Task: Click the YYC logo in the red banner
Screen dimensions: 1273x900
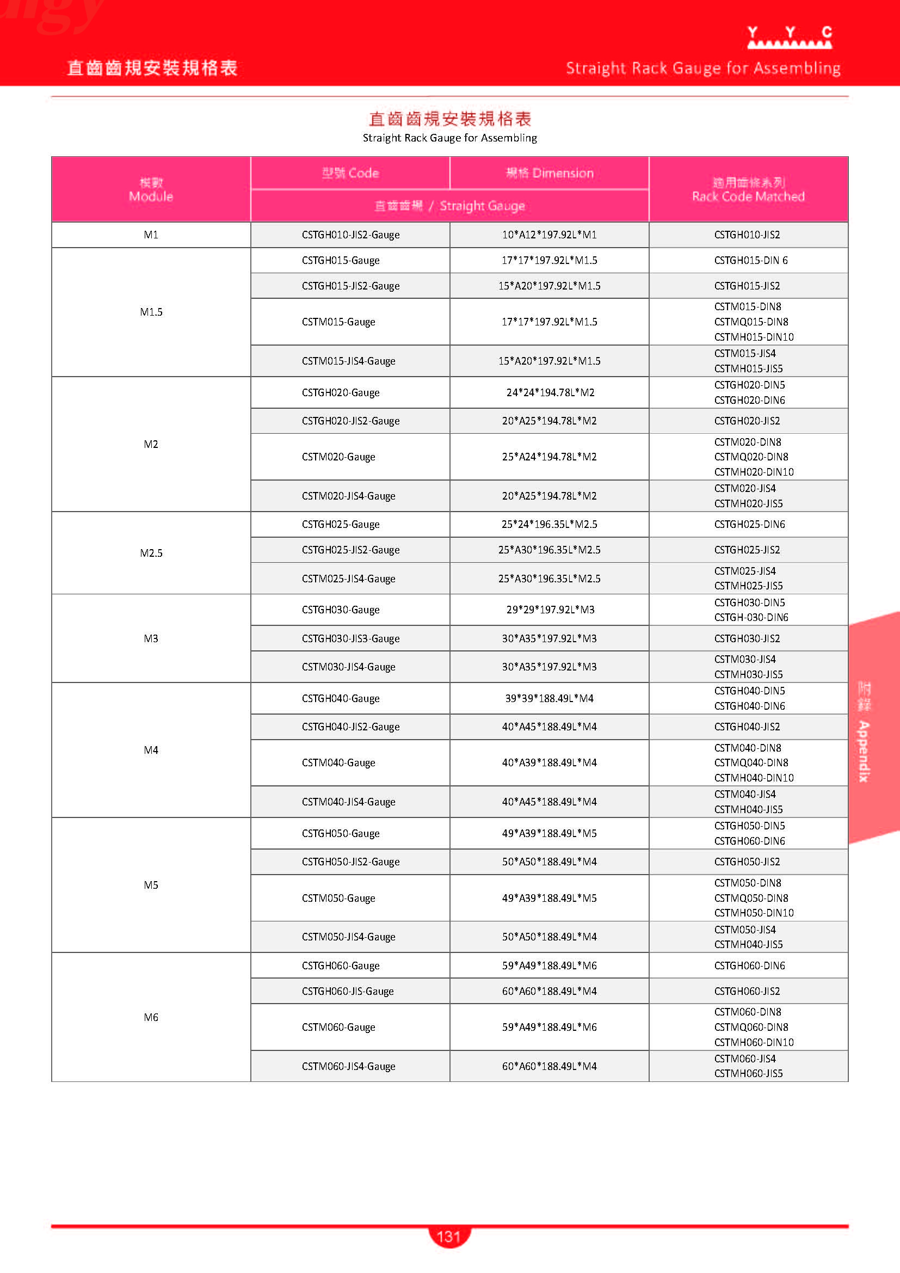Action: [788, 38]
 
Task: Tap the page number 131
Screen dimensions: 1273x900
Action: [448, 1236]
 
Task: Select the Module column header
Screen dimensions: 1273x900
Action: [151, 189]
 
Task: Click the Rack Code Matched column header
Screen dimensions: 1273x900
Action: [748, 189]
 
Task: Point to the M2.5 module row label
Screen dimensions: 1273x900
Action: [151, 553]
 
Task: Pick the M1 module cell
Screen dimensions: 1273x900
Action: [151, 235]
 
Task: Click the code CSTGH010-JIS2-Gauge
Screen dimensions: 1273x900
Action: [350, 235]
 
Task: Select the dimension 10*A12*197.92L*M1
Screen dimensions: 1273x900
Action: [549, 235]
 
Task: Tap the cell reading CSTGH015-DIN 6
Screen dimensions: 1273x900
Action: [750, 260]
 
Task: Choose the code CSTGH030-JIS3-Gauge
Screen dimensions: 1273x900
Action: [350, 638]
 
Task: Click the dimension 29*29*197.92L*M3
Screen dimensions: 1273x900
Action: [550, 610]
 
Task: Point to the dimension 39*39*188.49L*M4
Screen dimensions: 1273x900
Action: [549, 698]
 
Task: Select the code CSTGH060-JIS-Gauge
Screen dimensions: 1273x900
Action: [348, 991]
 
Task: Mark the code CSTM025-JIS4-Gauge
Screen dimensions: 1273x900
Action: [349, 579]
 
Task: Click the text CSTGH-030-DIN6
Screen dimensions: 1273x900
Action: [751, 617]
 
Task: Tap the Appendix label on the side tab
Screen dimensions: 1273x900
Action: [864, 751]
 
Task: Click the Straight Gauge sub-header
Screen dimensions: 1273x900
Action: [449, 206]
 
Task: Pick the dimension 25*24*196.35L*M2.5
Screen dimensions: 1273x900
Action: [549, 524]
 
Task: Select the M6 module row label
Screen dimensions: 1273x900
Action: [151, 1017]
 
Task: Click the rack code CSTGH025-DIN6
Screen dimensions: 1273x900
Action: [749, 524]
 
